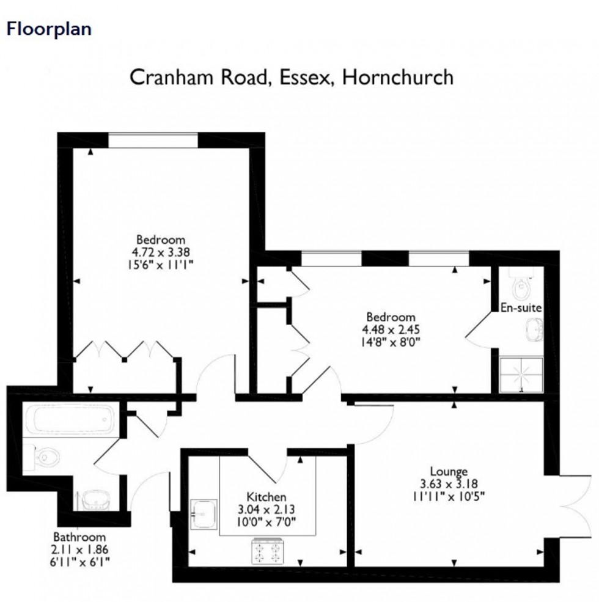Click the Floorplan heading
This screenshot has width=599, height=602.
[x=49, y=29]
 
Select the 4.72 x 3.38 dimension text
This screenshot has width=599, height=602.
[x=161, y=251]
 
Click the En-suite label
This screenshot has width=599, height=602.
[x=521, y=308]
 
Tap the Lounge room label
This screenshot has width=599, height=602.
[x=449, y=471]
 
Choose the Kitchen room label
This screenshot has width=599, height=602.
[x=266, y=497]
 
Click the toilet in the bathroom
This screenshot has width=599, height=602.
[x=46, y=457]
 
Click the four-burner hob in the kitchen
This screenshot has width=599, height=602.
[x=267, y=552]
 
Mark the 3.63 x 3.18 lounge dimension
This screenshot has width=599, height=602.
[x=449, y=482]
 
